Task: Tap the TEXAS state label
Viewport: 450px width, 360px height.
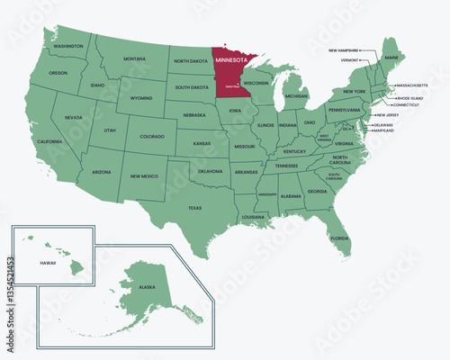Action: point(194,208)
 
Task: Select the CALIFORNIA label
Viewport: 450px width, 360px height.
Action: point(49,141)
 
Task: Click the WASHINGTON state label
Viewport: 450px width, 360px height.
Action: point(68,46)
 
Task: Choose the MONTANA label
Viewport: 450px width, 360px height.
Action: point(134,58)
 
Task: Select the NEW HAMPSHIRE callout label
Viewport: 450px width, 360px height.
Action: point(344,50)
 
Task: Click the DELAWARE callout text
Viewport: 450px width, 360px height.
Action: point(384,124)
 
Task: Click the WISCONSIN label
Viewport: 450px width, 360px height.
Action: point(256,82)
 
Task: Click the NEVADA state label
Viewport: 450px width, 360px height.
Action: point(73,118)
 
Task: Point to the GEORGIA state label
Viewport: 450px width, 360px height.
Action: point(317,192)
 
